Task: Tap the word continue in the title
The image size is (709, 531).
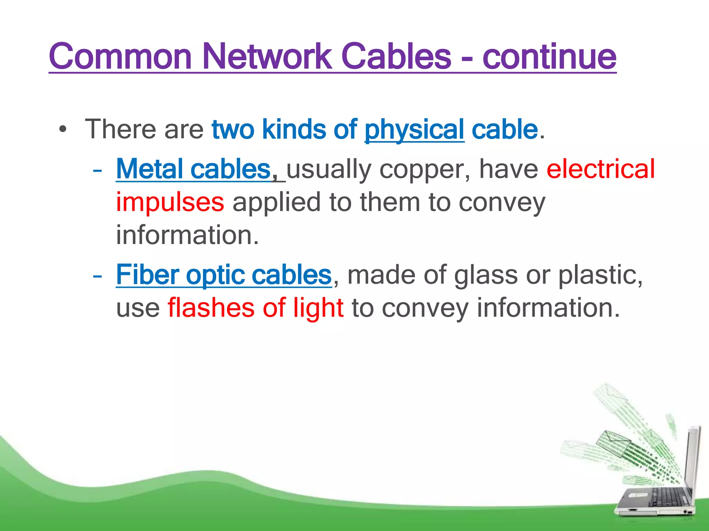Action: click(549, 56)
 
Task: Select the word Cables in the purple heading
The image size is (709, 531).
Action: click(396, 56)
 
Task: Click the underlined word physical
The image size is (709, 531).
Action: click(414, 130)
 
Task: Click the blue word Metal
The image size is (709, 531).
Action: click(150, 169)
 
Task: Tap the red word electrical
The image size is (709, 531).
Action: click(601, 169)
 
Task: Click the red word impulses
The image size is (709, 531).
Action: click(170, 202)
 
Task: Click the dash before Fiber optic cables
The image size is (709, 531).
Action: click(97, 276)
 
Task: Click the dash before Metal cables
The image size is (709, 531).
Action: click(97, 170)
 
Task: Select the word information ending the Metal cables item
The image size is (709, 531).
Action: click(187, 235)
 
